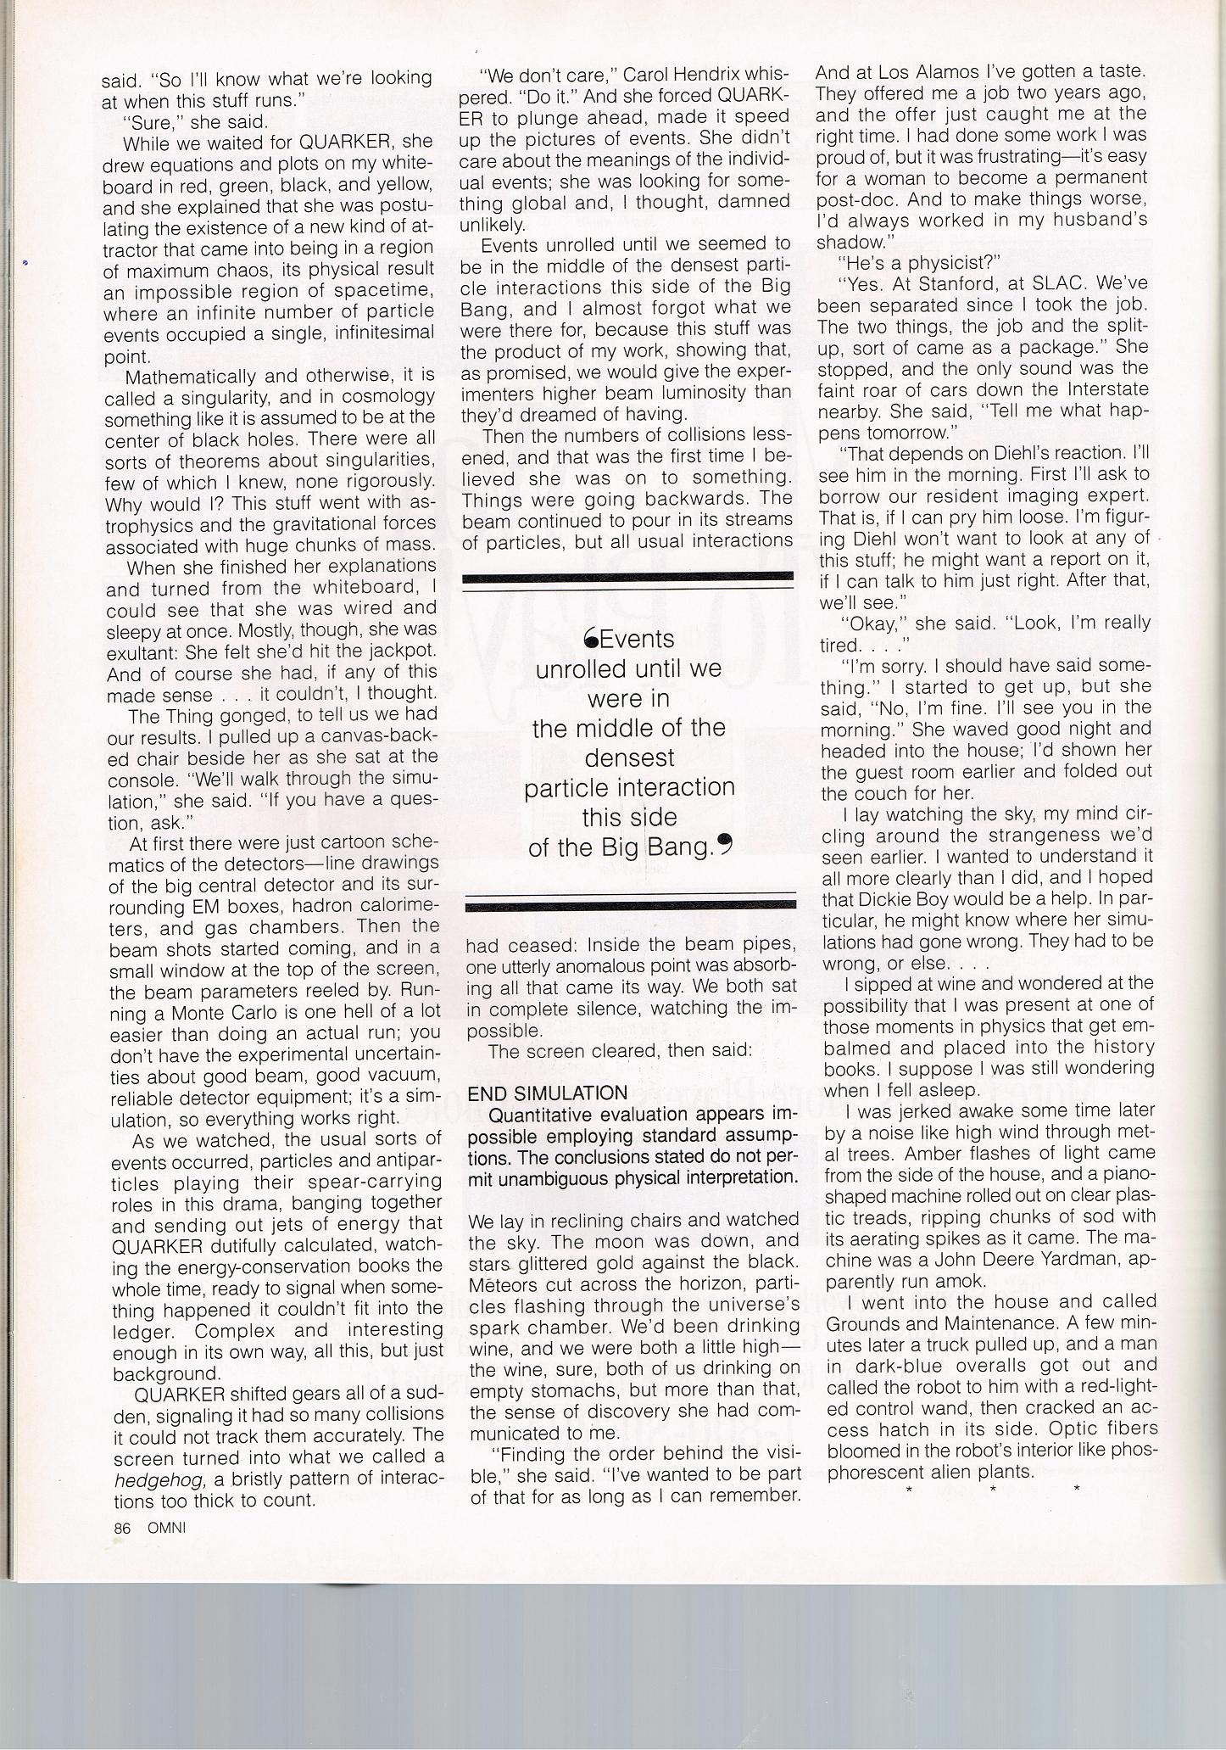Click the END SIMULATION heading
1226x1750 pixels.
(x=547, y=1093)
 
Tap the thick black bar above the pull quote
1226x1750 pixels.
(x=627, y=577)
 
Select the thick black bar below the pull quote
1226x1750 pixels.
(x=631, y=906)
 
